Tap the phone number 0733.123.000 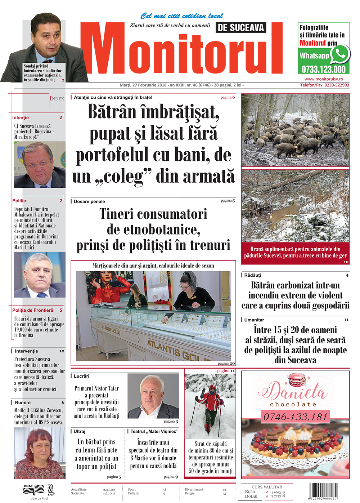pos(323,70)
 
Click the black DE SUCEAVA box pos(241,27)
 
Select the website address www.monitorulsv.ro pos(324,79)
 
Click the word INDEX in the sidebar pos(57,98)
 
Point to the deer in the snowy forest pos(286,211)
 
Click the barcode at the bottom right pos(324,491)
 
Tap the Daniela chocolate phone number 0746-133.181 pos(295,417)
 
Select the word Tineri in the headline pos(117,214)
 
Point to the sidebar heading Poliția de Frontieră pos(33,310)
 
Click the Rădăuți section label pos(253,275)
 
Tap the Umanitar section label pos(254,320)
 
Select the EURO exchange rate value pos(278,492)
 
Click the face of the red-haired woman pos(40,448)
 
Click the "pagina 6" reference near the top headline pos(228,97)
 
